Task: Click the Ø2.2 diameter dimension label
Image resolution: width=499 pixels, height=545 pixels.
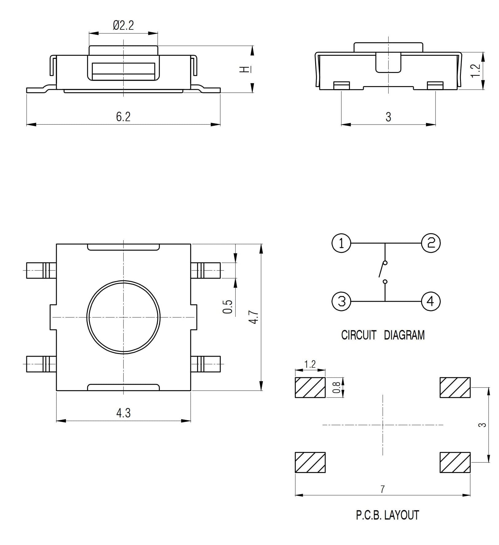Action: point(123,25)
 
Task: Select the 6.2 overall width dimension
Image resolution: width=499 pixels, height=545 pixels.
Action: point(123,117)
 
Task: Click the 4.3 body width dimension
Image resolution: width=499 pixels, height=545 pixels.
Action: point(123,413)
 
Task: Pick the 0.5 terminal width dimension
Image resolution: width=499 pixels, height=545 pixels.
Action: point(228,307)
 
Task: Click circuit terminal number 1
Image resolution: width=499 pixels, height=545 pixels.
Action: point(341,243)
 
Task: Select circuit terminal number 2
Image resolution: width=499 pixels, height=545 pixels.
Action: point(431,243)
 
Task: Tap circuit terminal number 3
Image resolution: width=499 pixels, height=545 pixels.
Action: point(341,301)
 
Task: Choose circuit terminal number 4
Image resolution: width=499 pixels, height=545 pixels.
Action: point(431,301)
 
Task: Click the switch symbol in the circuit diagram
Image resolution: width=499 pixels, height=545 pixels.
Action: point(383,272)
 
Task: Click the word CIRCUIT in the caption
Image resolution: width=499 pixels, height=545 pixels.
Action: point(358,335)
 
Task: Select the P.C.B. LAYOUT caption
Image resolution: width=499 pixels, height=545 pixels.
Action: point(387,515)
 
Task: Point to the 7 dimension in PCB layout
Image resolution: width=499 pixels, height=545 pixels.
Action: point(382,489)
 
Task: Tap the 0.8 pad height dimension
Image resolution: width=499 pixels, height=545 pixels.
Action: point(337,387)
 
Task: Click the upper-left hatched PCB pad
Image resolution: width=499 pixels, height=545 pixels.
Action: point(310,387)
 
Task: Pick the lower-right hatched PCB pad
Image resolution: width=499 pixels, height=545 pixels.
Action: point(455,462)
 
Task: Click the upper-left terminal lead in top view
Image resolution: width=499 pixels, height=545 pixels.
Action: point(41,271)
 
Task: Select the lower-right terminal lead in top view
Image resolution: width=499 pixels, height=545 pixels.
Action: point(206,364)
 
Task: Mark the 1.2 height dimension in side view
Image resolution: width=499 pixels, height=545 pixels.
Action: point(475,71)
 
